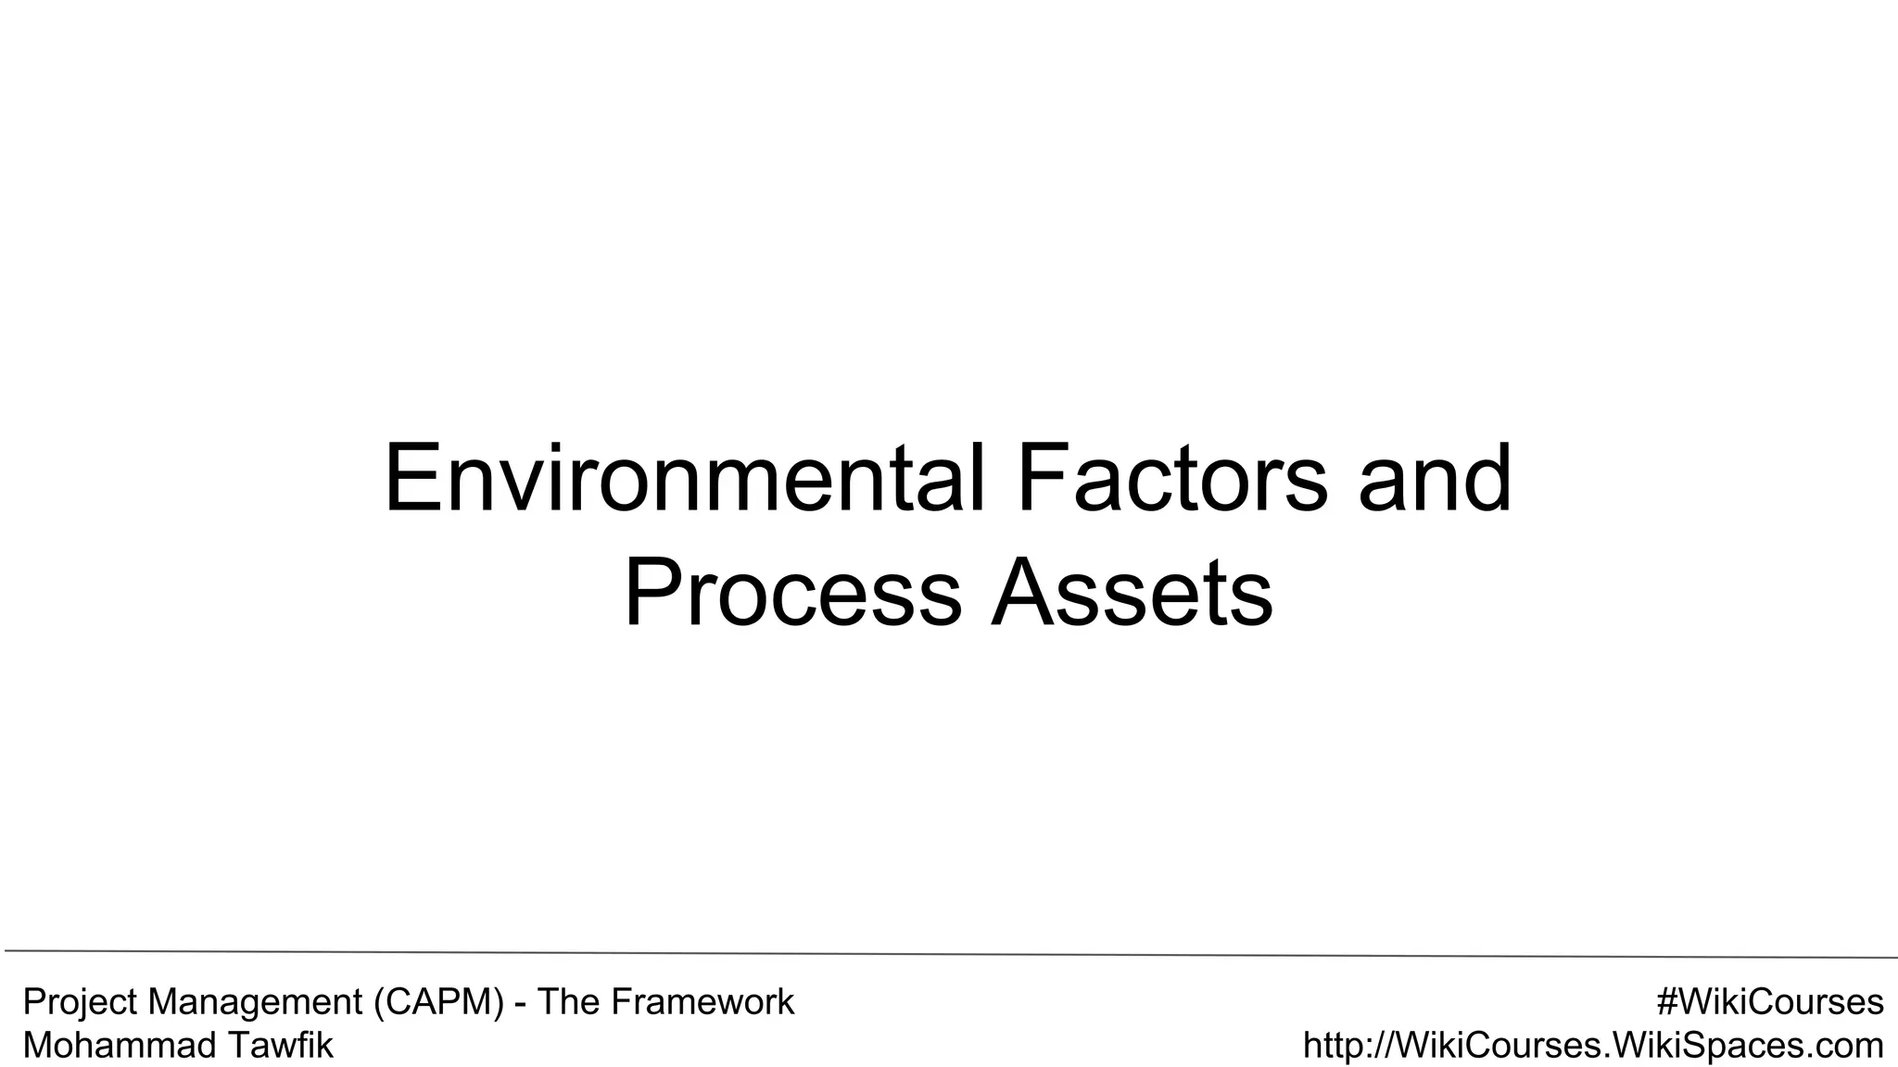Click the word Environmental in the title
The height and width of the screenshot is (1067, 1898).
pos(684,480)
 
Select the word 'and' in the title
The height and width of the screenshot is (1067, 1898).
pos(1435,480)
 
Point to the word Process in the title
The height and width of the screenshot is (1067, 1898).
pos(793,593)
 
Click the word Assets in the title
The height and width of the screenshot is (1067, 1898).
pos(1132,593)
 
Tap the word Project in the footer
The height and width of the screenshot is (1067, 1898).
pos(81,1003)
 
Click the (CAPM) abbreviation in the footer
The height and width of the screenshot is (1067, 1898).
pos(440,1003)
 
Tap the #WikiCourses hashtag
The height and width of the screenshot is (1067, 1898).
pos(1770,1002)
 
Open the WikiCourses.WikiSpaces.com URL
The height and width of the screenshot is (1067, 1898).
pos(1593,1046)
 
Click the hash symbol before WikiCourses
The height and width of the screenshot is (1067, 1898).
pos(1667,1002)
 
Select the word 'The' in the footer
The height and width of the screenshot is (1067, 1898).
pos(564,1002)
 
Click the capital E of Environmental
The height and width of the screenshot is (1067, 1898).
pos(412,480)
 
